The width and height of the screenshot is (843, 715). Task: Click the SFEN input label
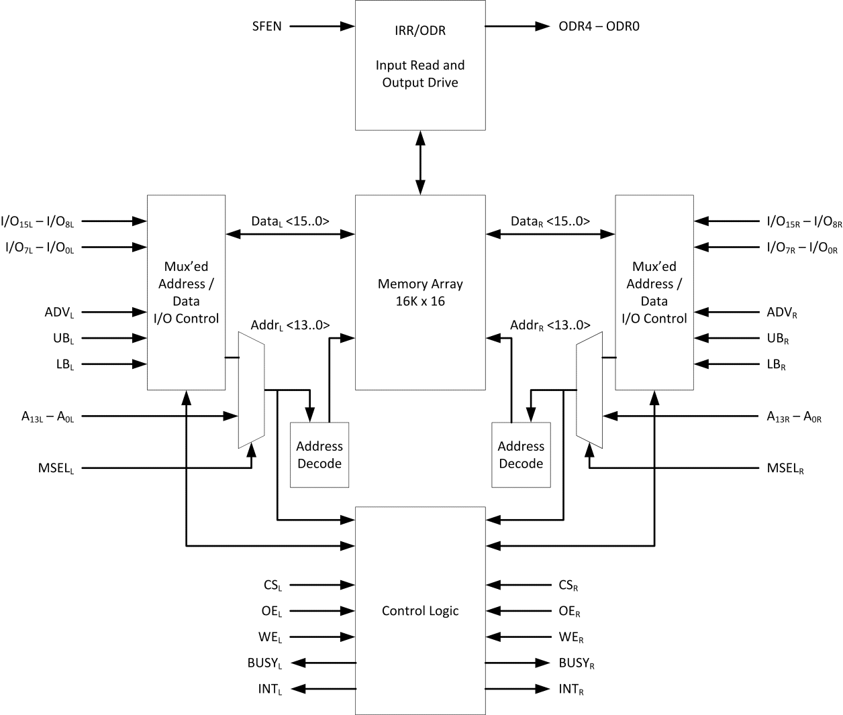pyautogui.click(x=266, y=27)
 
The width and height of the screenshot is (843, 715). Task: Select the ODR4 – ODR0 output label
pyautogui.click(x=599, y=27)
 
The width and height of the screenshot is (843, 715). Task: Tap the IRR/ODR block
pyautogui.click(x=420, y=65)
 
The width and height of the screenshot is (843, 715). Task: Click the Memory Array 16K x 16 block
pyautogui.click(x=420, y=292)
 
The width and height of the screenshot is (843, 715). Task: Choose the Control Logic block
pyautogui.click(x=420, y=610)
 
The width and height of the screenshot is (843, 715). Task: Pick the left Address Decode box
pyautogui.click(x=319, y=455)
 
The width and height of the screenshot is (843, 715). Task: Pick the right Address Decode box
pyautogui.click(x=521, y=455)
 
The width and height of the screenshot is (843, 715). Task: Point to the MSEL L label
pyautogui.click(x=56, y=468)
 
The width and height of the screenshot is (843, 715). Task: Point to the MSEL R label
pyautogui.click(x=785, y=468)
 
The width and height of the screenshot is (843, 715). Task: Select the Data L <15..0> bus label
pyautogui.click(x=290, y=221)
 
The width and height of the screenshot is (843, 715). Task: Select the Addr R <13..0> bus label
pyautogui.click(x=550, y=325)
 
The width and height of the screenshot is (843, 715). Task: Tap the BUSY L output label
pyautogui.click(x=264, y=663)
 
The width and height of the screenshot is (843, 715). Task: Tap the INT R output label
pyautogui.click(x=571, y=690)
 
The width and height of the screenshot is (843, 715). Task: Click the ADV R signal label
pyautogui.click(x=782, y=313)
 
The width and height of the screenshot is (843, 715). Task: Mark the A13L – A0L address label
pyautogui.click(x=48, y=417)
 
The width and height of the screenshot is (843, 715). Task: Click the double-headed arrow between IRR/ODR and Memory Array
pyautogui.click(x=420, y=163)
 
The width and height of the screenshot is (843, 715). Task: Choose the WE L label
pyautogui.click(x=270, y=638)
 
